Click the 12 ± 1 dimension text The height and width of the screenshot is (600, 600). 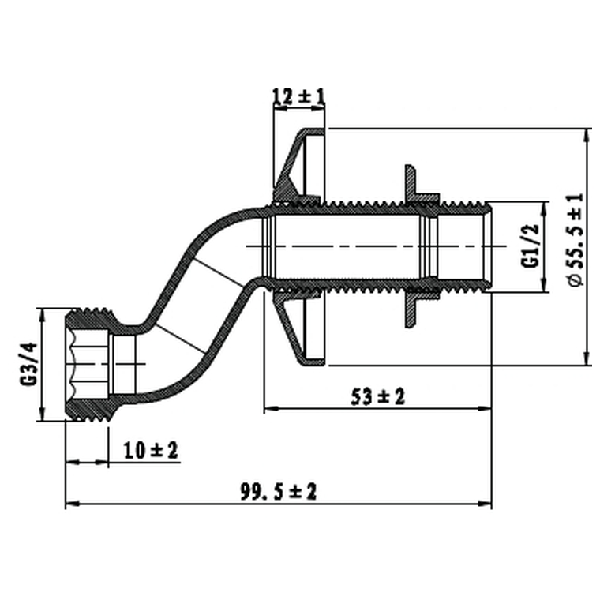(298, 96)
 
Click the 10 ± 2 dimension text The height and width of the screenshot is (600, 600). (152, 451)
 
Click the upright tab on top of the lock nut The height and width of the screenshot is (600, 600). (409, 180)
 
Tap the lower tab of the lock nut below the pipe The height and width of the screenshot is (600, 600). (409, 312)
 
